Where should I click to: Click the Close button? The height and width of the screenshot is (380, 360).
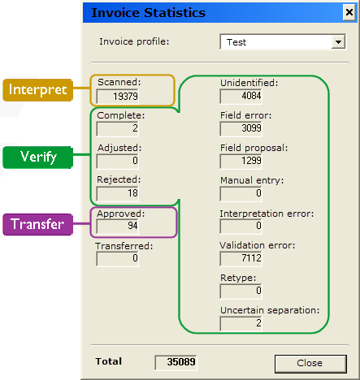point(310,362)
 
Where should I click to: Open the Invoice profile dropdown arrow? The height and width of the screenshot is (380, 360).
point(339,41)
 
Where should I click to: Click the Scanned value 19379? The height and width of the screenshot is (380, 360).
point(117,97)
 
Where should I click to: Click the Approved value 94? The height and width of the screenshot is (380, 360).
point(117,227)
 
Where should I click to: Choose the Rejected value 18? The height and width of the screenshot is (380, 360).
point(117,193)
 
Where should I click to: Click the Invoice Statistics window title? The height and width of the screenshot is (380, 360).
point(148,13)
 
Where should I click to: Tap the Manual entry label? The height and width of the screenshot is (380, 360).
point(251,180)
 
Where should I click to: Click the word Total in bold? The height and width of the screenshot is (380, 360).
point(108,360)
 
